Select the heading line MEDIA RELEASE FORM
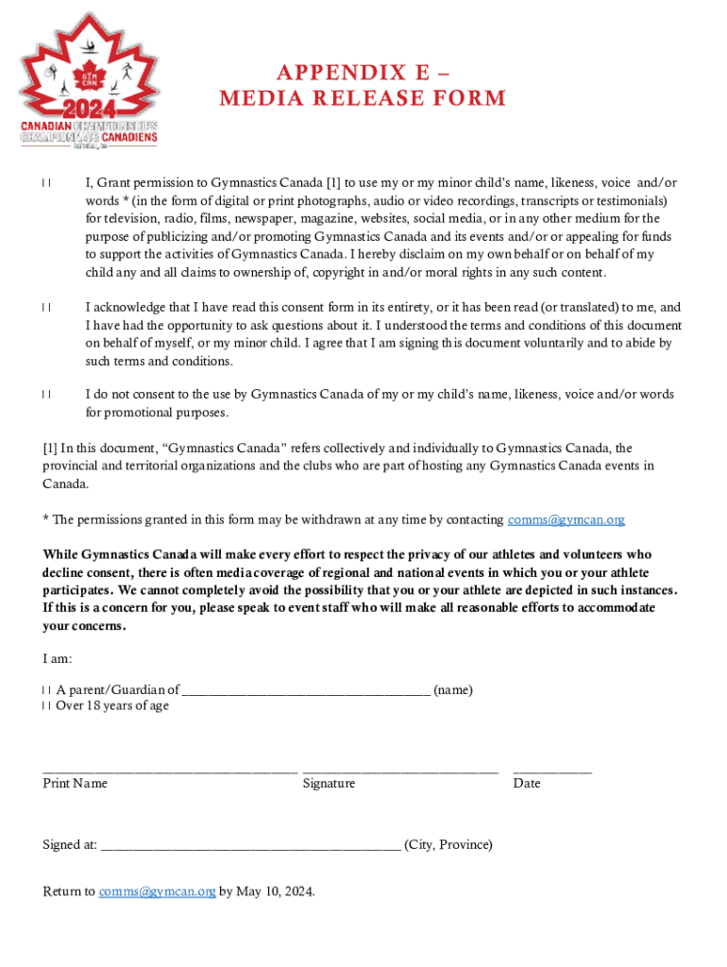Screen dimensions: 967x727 363,98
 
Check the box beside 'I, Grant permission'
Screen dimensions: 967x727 46,183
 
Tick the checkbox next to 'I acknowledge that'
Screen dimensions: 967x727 46,308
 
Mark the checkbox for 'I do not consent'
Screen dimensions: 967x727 46,395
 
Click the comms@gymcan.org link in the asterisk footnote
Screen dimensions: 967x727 566,520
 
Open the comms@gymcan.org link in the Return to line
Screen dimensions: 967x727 157,891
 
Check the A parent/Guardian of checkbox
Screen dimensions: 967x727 46,690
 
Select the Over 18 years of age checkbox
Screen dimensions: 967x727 46,706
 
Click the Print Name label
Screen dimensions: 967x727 76,784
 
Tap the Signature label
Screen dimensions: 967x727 329,784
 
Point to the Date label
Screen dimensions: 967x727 527,784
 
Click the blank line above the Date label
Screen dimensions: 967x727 552,772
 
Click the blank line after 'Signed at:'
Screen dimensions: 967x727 250,848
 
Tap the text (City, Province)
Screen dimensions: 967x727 448,845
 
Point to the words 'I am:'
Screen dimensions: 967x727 58,658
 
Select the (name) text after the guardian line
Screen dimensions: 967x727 453,690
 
